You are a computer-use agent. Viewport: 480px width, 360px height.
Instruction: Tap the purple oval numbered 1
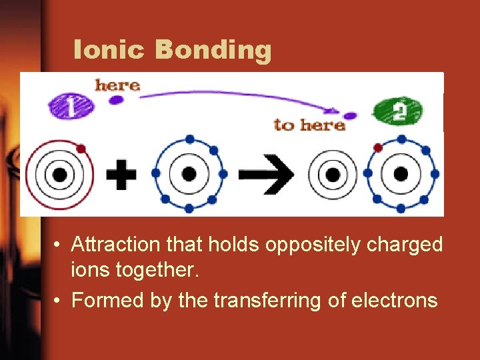[x=71, y=106]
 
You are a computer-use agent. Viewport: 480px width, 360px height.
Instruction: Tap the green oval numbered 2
[x=399, y=110]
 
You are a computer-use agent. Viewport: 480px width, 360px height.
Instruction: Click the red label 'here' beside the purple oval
[x=117, y=85]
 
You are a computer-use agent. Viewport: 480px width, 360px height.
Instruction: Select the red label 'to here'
[x=309, y=125]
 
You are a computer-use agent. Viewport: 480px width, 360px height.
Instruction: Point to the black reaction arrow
[x=265, y=175]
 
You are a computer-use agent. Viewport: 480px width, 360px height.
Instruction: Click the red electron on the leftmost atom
[x=81, y=148]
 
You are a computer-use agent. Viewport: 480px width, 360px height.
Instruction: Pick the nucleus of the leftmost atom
[x=59, y=175]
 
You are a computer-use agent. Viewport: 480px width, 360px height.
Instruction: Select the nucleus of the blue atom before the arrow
[x=189, y=174]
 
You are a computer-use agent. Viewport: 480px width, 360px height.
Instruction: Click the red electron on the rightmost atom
[x=378, y=147]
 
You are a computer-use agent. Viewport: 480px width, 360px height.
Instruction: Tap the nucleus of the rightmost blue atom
[x=401, y=174]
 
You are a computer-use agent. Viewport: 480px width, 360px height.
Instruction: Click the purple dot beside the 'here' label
[x=116, y=101]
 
